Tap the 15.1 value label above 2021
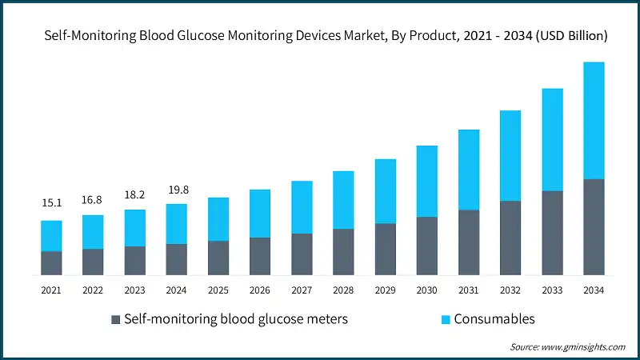tap(52, 204)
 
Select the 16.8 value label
tap(94, 199)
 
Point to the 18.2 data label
tap(135, 194)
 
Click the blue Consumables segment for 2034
tap(593, 120)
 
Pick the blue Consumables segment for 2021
tap(52, 236)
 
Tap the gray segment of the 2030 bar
tap(426, 246)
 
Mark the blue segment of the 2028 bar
tap(343, 200)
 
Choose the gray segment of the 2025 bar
tap(218, 258)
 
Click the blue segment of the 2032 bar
tap(510, 156)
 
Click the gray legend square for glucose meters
tap(115, 320)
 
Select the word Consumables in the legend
tap(494, 319)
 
